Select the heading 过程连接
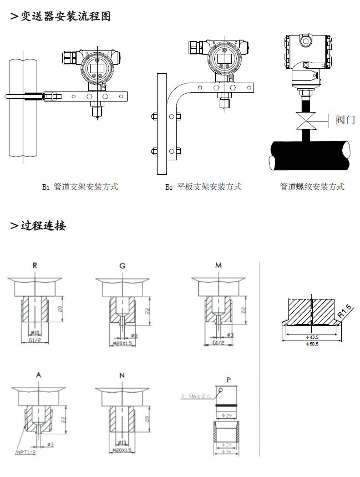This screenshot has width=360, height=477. click(43, 226)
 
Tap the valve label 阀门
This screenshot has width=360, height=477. click(345, 119)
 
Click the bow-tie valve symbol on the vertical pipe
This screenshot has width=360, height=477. click(305, 120)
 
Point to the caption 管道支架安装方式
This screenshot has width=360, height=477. click(85, 187)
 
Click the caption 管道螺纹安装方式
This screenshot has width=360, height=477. click(312, 187)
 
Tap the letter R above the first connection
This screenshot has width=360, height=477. click(36, 266)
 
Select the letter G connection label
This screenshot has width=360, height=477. click(122, 266)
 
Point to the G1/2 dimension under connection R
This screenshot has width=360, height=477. click(34, 339)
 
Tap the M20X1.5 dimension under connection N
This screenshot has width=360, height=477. click(122, 450)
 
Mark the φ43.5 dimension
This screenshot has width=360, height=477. click(313, 337)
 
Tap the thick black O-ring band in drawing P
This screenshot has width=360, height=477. click(228, 405)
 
